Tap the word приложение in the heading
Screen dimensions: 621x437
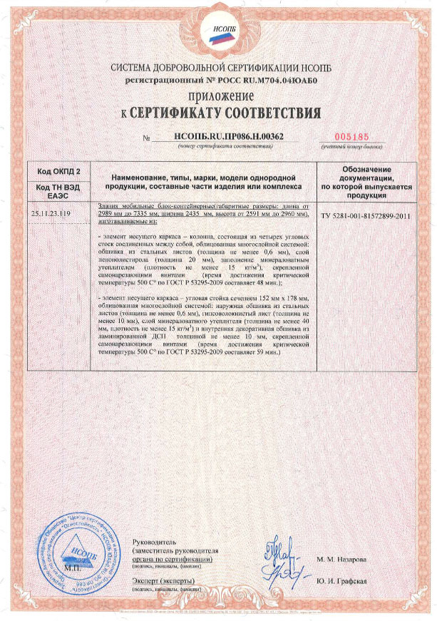[x=220, y=96]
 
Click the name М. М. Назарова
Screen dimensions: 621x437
[x=343, y=559]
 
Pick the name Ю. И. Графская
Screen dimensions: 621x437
[x=341, y=580]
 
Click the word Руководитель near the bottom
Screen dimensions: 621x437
[x=156, y=543]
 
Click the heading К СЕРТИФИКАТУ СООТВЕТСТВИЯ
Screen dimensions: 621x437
[x=220, y=113]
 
